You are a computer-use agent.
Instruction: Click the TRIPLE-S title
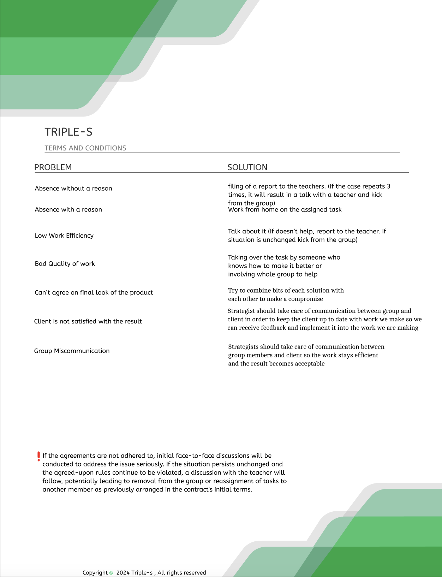68,132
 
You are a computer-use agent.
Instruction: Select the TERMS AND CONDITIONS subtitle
85,148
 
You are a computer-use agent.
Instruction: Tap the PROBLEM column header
53,167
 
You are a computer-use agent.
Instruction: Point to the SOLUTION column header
247,167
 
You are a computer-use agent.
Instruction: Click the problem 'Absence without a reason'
73,189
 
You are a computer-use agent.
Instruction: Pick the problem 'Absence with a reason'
68,210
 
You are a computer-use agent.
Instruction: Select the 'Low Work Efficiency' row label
64,236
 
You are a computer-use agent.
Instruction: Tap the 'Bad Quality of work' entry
65,264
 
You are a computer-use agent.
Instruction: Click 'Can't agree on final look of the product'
94,293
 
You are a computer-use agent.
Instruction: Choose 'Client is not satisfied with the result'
88,321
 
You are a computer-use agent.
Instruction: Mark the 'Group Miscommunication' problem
72,351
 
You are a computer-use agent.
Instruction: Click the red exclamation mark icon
38,456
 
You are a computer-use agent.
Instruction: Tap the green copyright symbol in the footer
111,573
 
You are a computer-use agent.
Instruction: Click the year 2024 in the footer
123,573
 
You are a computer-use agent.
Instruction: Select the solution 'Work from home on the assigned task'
285,210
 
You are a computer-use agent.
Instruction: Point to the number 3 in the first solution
388,186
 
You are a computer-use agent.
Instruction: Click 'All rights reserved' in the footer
181,573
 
